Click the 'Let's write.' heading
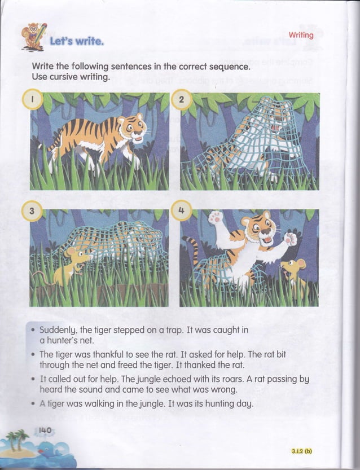tap(76, 42)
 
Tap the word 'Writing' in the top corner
tap(301, 35)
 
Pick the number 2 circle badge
tap(181, 100)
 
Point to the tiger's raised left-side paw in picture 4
tap(215, 218)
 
